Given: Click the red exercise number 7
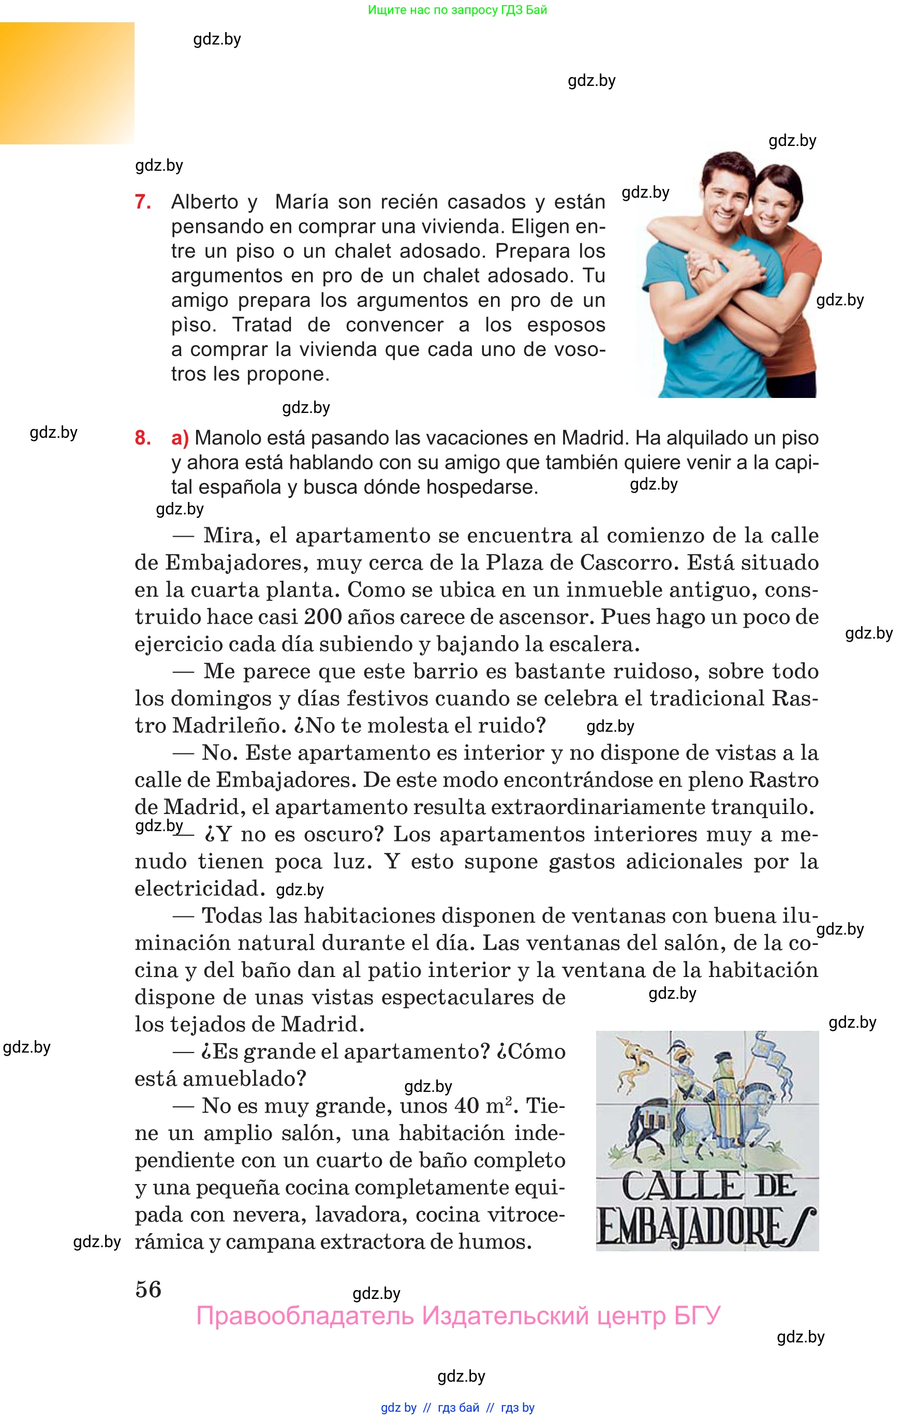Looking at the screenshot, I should (142, 202).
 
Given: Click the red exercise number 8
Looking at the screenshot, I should (142, 438).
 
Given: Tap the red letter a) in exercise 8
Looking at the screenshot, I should (180, 438).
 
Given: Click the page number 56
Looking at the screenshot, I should (149, 1290).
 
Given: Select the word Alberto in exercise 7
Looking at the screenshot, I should (205, 202).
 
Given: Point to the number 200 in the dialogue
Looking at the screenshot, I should (322, 617).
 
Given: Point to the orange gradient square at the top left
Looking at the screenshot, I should (67, 83).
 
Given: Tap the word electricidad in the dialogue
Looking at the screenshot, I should (199, 889).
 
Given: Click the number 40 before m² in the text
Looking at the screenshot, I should (466, 1106).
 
